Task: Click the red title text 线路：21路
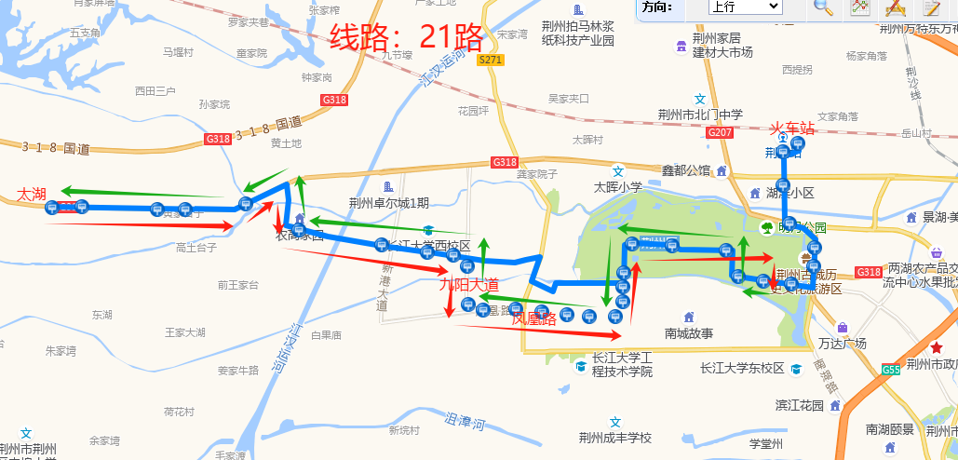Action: tap(407, 38)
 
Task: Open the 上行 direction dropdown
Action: tap(744, 7)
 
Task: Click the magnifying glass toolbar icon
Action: tap(823, 7)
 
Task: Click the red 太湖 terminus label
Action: tap(32, 195)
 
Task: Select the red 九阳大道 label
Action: tap(469, 285)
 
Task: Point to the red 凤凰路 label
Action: tap(533, 318)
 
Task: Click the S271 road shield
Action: tap(490, 61)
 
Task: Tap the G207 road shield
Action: tap(720, 133)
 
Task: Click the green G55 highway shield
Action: tap(891, 370)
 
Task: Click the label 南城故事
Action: tap(689, 333)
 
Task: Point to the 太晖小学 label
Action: tap(618, 186)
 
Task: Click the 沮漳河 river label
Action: tap(466, 422)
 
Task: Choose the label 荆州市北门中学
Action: tap(700, 115)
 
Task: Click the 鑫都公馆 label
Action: tap(686, 170)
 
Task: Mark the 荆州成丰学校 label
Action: tap(614, 439)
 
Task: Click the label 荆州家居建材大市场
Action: tap(722, 45)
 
